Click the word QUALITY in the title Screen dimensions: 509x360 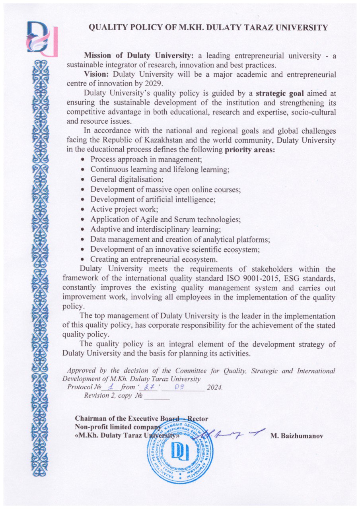point(108,28)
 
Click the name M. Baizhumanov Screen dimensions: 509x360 point(296,436)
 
